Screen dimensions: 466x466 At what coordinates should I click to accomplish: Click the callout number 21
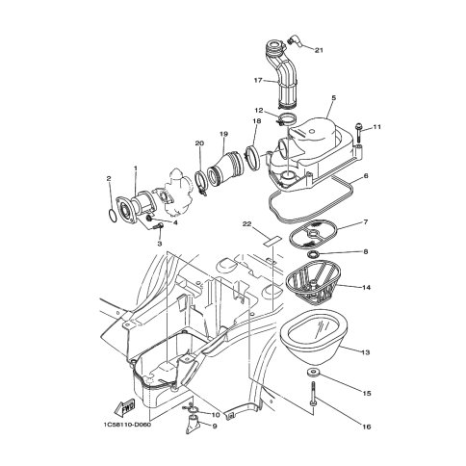[319, 50]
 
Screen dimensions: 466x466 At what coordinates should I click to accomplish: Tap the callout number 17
[258, 80]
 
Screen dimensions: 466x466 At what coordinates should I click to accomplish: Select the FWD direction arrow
[124, 407]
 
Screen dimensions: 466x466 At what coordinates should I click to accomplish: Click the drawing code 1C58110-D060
[127, 425]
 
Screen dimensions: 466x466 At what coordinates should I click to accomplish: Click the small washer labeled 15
[311, 373]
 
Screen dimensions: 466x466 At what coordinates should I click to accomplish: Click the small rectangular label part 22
[272, 241]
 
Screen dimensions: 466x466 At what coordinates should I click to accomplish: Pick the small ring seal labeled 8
[312, 254]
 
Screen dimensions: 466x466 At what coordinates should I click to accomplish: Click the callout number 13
[365, 352]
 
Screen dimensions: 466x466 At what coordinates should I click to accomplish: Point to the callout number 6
[366, 176]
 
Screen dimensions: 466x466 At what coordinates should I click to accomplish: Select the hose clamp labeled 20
[201, 182]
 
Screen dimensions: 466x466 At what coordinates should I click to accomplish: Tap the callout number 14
[366, 288]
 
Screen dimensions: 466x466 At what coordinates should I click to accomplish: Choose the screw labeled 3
[158, 226]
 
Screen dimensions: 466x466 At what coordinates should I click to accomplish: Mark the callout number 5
[333, 97]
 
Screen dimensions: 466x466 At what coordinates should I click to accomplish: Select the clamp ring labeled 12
[287, 120]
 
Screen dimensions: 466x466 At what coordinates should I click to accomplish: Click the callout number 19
[223, 134]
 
